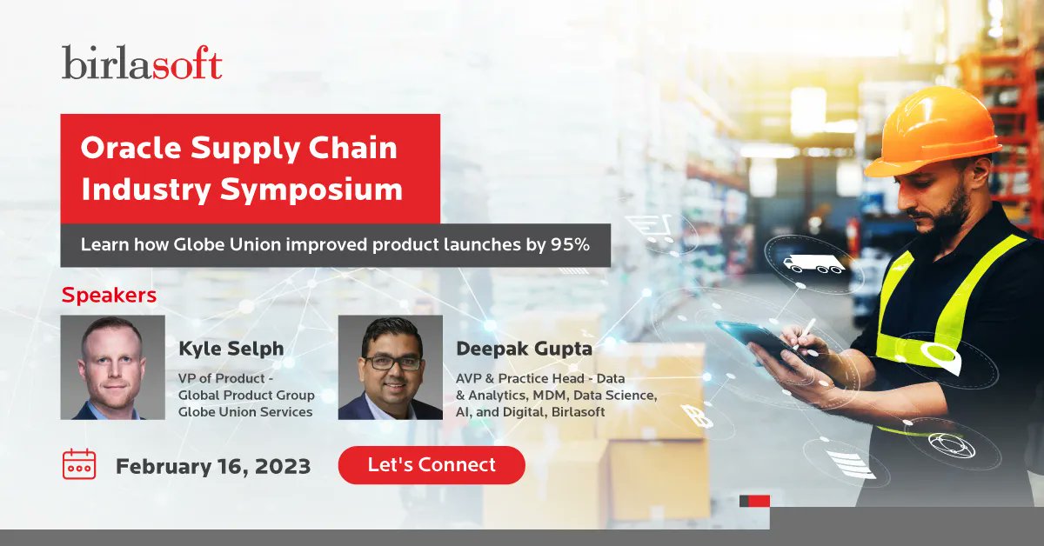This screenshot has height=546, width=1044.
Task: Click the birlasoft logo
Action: (x=142, y=63)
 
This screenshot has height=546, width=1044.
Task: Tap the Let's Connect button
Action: (x=432, y=465)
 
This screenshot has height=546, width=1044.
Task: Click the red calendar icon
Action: (x=79, y=464)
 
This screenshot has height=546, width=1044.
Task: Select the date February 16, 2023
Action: (x=213, y=466)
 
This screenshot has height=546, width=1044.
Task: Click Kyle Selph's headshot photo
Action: (x=112, y=368)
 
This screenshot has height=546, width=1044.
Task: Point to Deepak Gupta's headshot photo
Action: (x=390, y=368)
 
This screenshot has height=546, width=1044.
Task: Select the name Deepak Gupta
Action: (x=525, y=349)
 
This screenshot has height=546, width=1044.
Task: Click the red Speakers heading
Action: (x=109, y=295)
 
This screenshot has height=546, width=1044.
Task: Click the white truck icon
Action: (x=813, y=263)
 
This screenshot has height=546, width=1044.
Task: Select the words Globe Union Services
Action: (x=245, y=411)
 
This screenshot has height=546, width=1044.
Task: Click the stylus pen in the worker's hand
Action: (x=805, y=330)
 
